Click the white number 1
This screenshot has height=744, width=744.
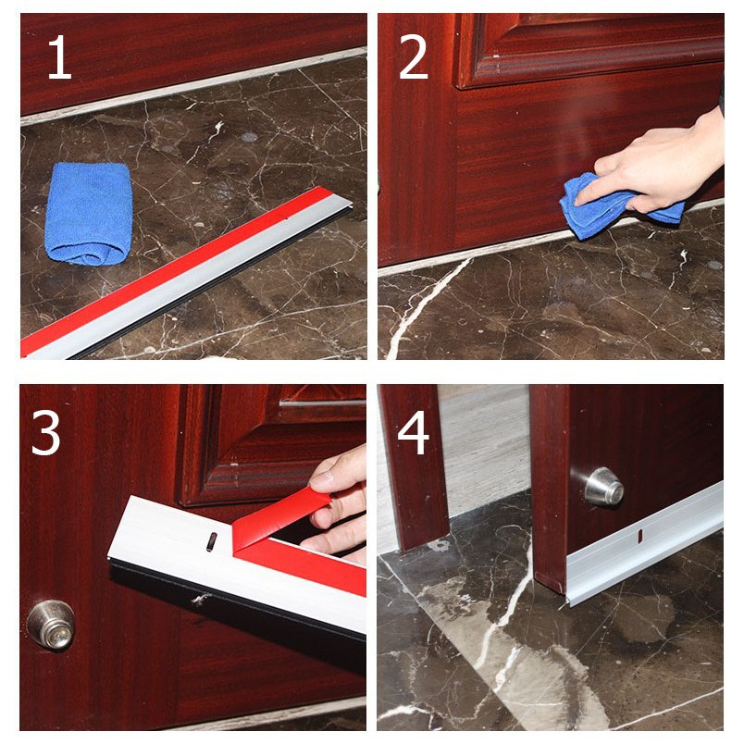click(x=60, y=57)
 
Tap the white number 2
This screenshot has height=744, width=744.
click(x=414, y=57)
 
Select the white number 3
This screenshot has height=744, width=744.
click(x=45, y=432)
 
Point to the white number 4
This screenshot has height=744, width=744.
click(x=414, y=432)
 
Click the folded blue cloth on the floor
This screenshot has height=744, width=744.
click(x=88, y=213)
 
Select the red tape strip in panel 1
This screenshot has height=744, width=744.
click(x=176, y=270)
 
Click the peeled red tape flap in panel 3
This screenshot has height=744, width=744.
click(x=280, y=517)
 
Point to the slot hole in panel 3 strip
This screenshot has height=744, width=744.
click(x=212, y=541)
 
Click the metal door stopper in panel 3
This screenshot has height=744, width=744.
click(x=51, y=624)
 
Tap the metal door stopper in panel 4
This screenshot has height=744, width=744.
click(x=603, y=487)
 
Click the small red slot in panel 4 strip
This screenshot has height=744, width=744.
click(x=639, y=536)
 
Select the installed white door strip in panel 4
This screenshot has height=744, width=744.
click(x=645, y=543)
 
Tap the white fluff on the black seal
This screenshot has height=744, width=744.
click(x=200, y=600)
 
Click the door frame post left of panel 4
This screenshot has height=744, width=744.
click(x=414, y=467)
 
